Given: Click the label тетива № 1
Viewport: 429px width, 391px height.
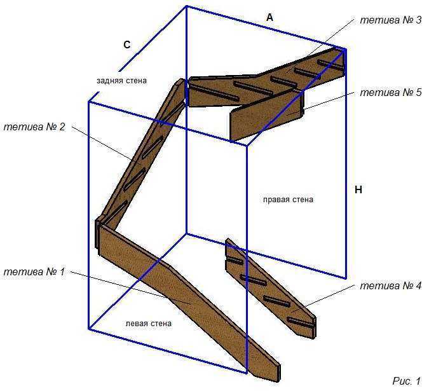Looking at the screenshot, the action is (34, 272).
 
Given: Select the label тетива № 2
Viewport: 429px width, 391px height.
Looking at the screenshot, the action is (34, 127).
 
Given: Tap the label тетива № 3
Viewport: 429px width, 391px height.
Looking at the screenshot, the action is (391, 20).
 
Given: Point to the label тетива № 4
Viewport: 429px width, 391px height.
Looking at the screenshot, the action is (391, 285).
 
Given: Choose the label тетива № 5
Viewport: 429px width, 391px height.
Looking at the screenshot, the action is (391, 92).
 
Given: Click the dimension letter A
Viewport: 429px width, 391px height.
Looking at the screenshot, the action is (269, 18).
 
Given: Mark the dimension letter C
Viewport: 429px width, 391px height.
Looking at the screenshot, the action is (127, 45).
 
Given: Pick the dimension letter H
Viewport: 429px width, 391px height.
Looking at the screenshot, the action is (358, 189).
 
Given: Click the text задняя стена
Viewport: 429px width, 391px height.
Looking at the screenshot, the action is (121, 81).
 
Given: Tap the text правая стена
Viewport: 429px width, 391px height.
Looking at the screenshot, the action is (288, 200).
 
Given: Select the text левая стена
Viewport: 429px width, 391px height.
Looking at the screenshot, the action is (149, 324).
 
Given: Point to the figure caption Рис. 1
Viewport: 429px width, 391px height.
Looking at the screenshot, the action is (407, 381).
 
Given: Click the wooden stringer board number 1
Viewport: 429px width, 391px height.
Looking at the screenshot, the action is (189, 301).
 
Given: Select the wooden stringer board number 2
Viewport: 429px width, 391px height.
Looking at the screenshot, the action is (142, 153).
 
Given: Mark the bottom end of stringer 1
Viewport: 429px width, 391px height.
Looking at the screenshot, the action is (278, 373).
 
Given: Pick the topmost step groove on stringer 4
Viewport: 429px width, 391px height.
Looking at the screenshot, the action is (234, 260).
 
